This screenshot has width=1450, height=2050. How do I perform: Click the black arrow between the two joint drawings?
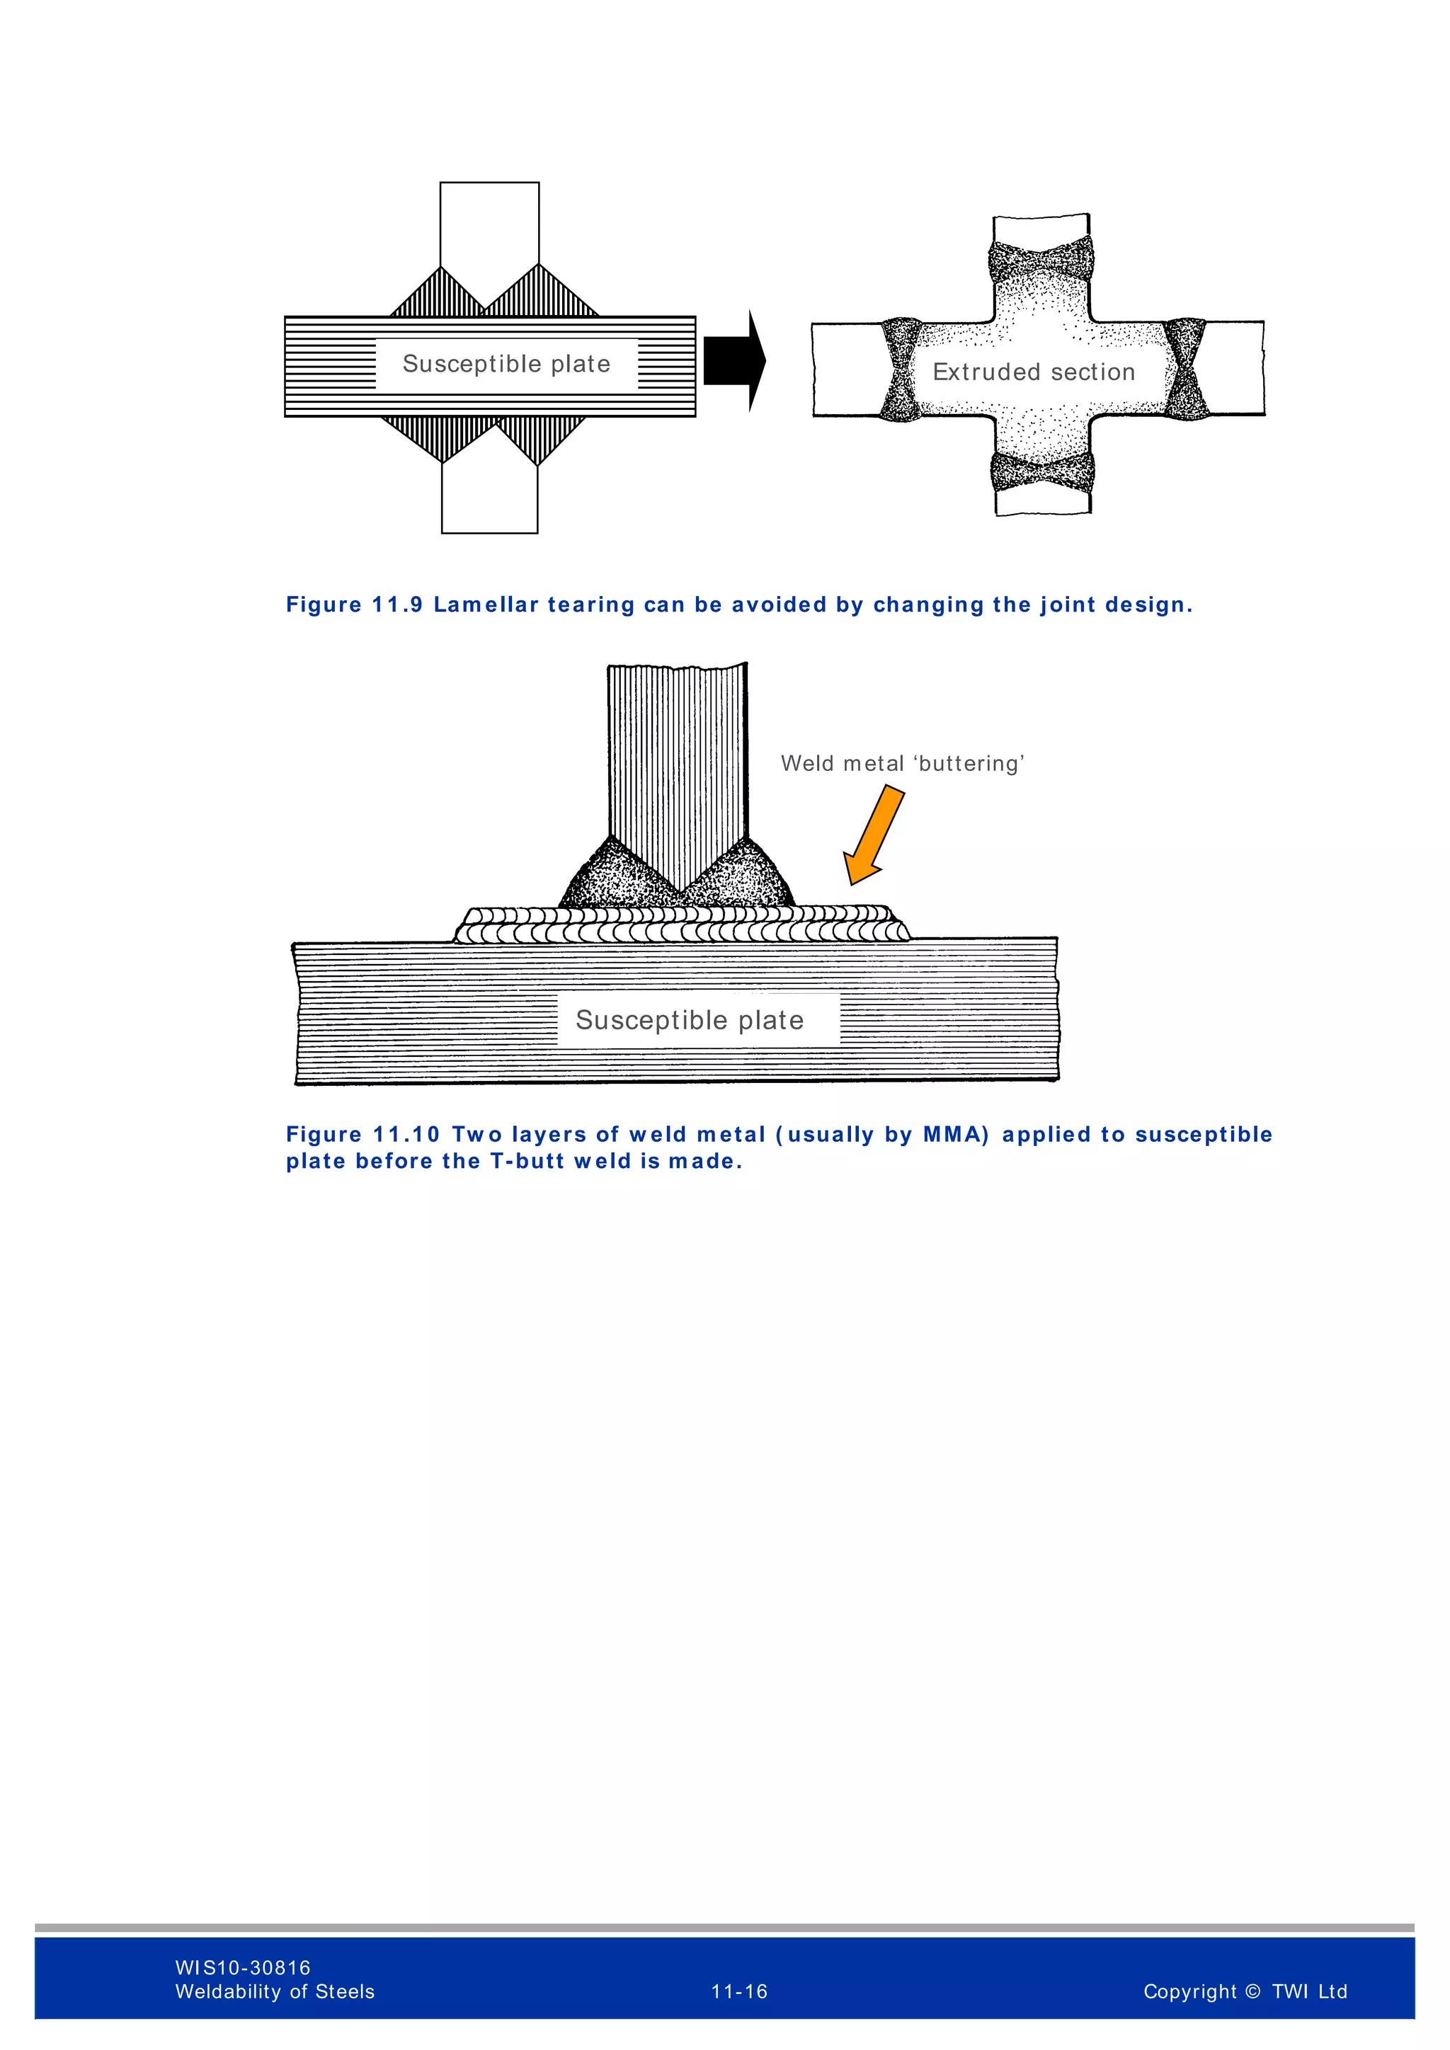[732, 361]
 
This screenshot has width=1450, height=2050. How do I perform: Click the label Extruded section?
[1033, 372]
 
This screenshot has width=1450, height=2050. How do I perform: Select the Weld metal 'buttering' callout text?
[902, 763]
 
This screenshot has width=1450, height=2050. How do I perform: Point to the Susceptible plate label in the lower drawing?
[690, 1019]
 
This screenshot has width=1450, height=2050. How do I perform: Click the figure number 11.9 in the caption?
[397, 605]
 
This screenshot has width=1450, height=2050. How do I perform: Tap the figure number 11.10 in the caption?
[406, 1134]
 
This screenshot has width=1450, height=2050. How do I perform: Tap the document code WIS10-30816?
[243, 1967]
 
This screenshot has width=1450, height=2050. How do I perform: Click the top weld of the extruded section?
[1041, 260]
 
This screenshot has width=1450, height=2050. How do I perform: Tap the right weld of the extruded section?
[1184, 369]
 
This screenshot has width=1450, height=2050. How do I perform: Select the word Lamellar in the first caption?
[486, 605]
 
